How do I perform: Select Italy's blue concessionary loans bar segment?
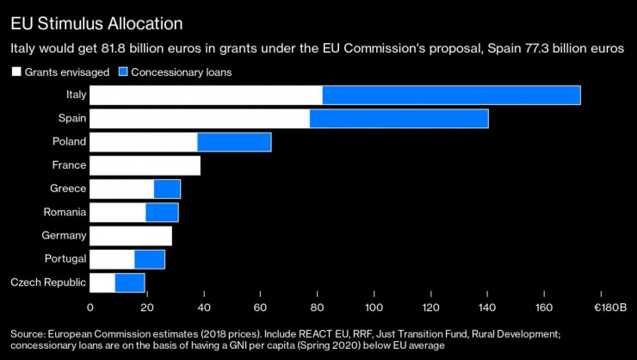coord(451,96)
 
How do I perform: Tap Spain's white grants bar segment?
coord(199,118)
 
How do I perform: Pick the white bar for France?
coord(145,165)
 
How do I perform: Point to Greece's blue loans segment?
coord(167,189)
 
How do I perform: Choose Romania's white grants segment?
coord(118,212)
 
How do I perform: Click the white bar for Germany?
coord(131,235)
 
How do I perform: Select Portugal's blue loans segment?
coord(150,259)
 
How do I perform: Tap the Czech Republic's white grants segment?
coord(102,282)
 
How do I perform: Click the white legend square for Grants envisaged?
coord(16,71)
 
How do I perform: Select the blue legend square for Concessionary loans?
coord(124,71)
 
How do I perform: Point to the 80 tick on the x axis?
coord(317,307)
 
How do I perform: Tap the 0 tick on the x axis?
coord(90,307)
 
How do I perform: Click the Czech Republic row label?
coord(48,282)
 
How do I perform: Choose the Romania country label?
coord(65,212)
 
